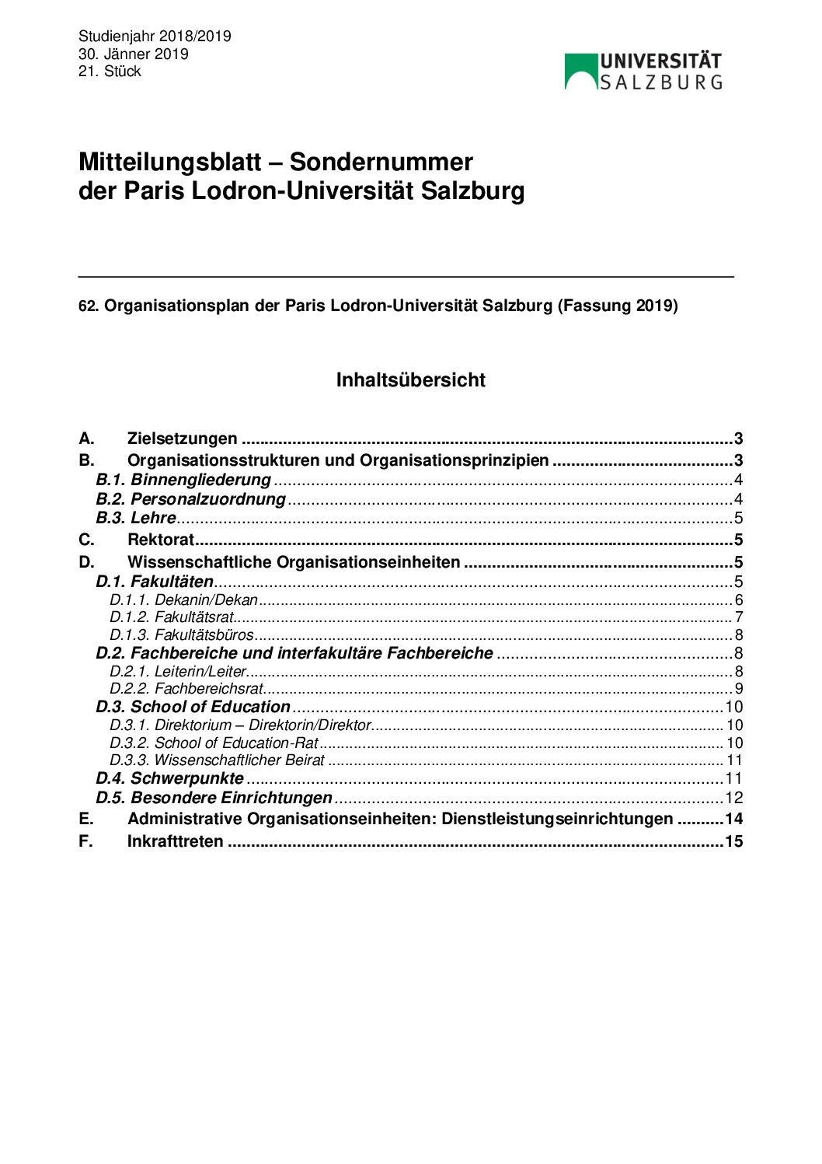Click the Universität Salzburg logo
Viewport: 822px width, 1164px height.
coord(643,72)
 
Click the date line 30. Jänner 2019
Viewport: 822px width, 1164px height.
coord(133,54)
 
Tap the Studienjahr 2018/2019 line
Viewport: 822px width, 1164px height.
coord(155,37)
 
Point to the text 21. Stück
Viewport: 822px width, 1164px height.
coord(110,71)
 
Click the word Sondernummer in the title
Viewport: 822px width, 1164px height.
coord(381,162)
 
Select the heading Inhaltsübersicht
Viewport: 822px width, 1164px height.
coord(410,380)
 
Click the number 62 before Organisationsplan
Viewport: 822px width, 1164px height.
coord(85,306)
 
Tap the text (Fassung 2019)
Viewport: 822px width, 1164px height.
coord(617,306)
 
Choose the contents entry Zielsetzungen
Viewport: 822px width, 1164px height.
coord(182,439)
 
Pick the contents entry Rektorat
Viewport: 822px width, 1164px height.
coord(160,540)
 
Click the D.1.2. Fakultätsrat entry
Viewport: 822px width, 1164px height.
coord(172,617)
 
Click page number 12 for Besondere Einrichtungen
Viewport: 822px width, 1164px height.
coord(733,798)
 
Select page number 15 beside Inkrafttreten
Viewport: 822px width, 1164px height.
coord(733,841)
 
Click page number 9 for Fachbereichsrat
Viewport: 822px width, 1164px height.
coord(738,689)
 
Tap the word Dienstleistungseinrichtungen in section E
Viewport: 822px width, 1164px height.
coord(557,819)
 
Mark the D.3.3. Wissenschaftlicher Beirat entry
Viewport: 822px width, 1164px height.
coord(217,760)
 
